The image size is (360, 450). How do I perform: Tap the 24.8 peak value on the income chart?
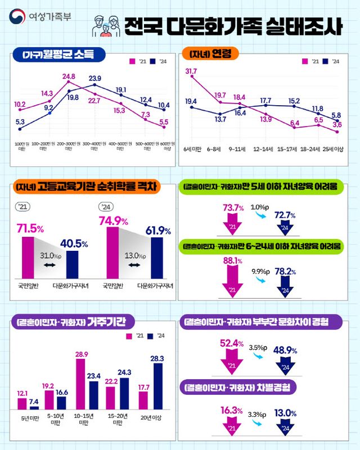coord(69,76)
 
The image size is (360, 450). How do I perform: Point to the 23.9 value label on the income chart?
coord(95,78)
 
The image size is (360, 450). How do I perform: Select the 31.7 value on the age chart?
coord(191,71)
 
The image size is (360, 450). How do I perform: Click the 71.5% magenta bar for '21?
coord(28,257)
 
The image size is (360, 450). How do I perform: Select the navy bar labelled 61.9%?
coord(157,257)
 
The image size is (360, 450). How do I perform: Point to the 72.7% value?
coord(285,215)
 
